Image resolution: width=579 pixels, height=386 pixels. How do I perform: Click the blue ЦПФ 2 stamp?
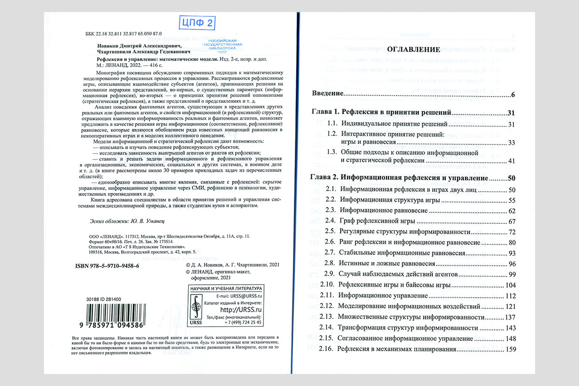click(197, 22)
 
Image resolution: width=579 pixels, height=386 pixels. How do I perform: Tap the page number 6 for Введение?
click(514, 94)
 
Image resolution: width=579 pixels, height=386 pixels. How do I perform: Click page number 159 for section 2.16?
click(511, 349)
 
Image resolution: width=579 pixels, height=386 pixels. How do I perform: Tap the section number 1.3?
click(331, 152)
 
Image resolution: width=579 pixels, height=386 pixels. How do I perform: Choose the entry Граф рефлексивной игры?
click(377, 221)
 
